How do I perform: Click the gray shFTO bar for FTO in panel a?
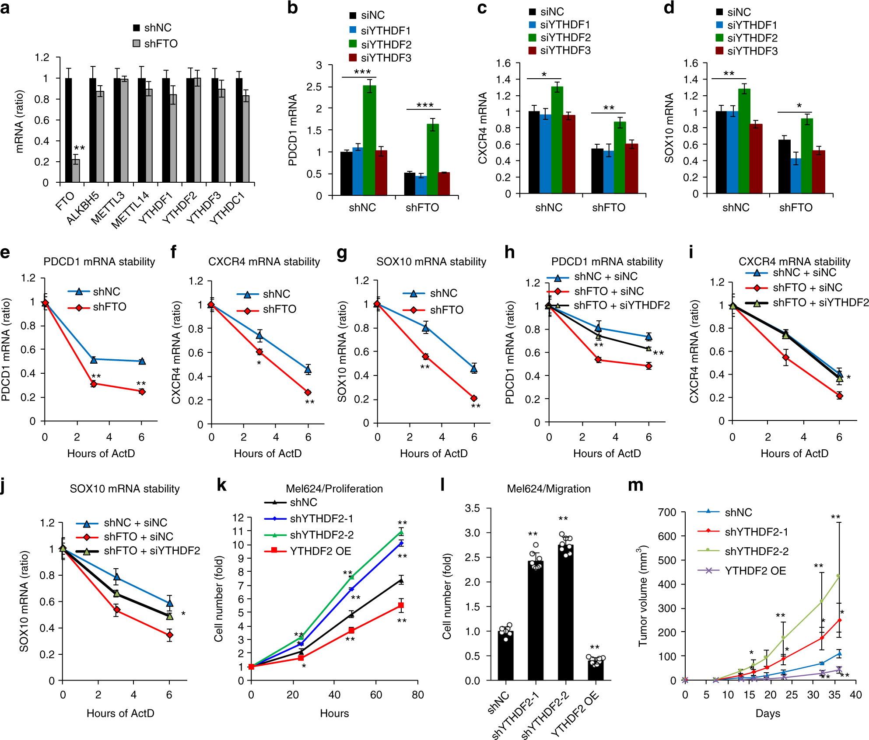click(76, 171)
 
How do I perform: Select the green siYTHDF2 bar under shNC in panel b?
click(369, 140)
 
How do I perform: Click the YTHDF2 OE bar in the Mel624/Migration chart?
click(596, 669)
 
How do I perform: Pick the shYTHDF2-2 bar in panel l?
click(565, 612)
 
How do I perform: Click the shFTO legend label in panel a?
click(161, 44)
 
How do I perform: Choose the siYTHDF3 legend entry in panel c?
click(565, 51)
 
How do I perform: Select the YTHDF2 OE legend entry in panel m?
click(755, 571)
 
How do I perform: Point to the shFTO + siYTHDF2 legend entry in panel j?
click(151, 551)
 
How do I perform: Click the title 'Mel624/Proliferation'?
click(334, 489)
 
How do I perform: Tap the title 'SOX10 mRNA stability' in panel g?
click(431, 262)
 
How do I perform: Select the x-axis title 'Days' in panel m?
click(767, 713)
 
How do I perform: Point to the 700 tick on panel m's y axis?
click(667, 512)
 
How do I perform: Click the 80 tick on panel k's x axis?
click(417, 695)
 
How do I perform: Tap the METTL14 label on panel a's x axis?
click(130, 210)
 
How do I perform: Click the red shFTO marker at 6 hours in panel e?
click(142, 392)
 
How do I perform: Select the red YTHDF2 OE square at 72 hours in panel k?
click(401, 605)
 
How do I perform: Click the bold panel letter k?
click(222, 485)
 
